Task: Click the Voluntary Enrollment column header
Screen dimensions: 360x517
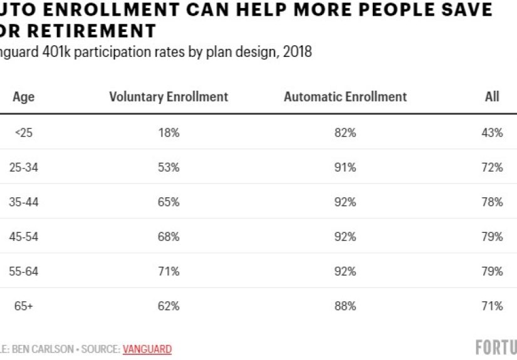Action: (x=169, y=96)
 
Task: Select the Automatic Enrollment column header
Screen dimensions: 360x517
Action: (x=345, y=96)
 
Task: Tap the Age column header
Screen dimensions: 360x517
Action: (x=24, y=96)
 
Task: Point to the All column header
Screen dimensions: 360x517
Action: (x=492, y=96)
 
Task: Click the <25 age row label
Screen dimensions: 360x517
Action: (x=24, y=133)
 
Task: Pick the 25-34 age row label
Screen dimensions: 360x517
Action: (x=24, y=167)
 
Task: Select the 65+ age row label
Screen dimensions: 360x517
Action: (x=24, y=306)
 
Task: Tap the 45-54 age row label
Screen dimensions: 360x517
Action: (x=24, y=237)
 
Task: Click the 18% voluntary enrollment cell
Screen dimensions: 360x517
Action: (x=169, y=133)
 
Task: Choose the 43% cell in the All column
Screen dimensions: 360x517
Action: (x=492, y=133)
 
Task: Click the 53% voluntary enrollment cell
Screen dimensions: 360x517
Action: (x=169, y=167)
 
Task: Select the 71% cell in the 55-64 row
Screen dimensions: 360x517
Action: (x=169, y=271)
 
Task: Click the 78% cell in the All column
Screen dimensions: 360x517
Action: (x=492, y=202)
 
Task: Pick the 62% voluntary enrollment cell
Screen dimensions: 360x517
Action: (x=169, y=306)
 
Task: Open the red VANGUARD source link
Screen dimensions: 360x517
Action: (x=147, y=349)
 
